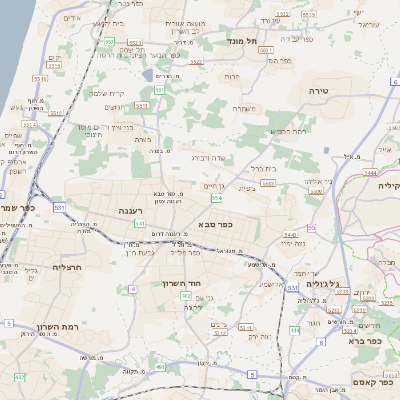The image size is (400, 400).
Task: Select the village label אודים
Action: pyautogui.click(x=70, y=18)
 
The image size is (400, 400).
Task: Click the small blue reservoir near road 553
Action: pyautogui.click(x=147, y=76)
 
